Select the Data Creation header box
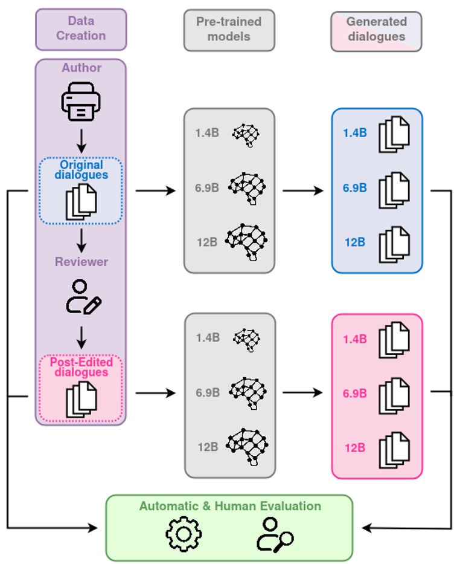(x=81, y=29)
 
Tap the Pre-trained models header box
(x=229, y=29)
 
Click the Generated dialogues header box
(x=376, y=29)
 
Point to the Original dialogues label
(x=81, y=170)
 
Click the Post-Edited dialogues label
(x=81, y=367)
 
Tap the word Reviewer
(x=81, y=262)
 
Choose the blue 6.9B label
(x=355, y=188)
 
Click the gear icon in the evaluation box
(x=184, y=533)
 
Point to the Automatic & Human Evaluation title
(x=230, y=506)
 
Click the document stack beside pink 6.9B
(x=394, y=394)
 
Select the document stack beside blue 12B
(x=394, y=243)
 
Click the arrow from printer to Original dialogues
(x=81, y=140)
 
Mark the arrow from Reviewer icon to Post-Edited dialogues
(x=81, y=337)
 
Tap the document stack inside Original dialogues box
(x=81, y=201)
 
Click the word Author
(x=81, y=68)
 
